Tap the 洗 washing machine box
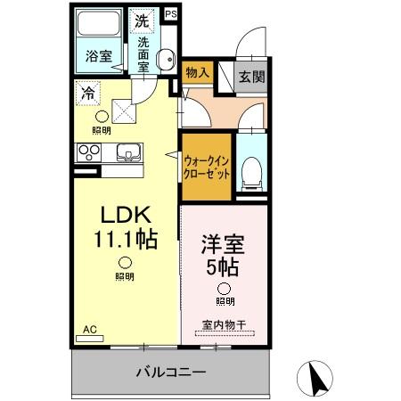click(143, 20)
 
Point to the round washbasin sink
click(166, 60)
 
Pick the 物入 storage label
click(196, 73)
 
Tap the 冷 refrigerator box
click(88, 91)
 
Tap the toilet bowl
click(251, 168)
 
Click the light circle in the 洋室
click(224, 289)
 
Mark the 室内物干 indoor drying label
click(222, 325)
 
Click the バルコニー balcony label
click(171, 372)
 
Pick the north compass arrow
click(316, 377)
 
